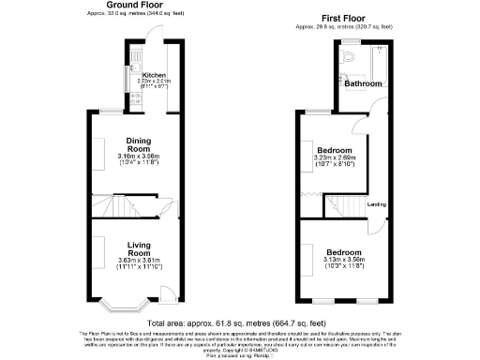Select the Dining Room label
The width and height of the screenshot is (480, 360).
(x=140, y=145)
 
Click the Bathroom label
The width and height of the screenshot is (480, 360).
(x=363, y=84)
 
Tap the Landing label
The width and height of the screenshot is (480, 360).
(x=377, y=203)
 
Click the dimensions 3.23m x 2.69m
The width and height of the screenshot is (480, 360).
(x=334, y=158)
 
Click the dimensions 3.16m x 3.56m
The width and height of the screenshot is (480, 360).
(x=140, y=156)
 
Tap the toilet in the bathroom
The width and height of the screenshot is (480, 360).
(x=348, y=57)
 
